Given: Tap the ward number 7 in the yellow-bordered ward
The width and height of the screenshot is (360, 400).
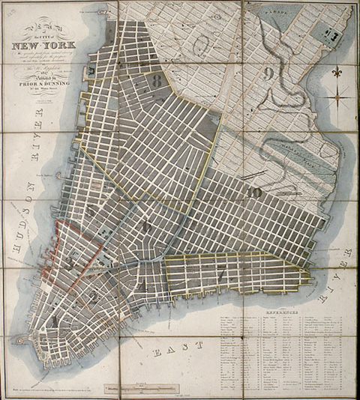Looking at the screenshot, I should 220,274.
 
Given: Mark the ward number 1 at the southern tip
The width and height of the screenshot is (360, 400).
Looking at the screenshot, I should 55,321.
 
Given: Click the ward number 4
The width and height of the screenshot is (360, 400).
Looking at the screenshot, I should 140,287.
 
